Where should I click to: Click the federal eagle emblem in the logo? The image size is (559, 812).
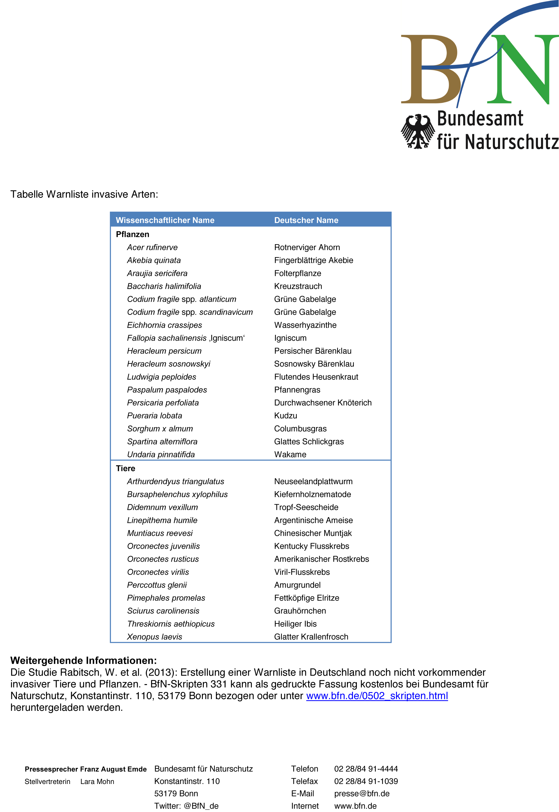[418, 132]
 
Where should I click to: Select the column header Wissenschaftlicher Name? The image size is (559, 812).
[165, 220]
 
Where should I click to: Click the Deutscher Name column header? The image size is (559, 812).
[306, 220]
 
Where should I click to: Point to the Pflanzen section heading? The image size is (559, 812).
[132, 234]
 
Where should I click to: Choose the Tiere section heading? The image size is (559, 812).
[125, 468]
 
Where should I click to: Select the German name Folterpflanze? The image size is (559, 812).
[297, 273]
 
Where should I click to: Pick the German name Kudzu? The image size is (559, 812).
[285, 416]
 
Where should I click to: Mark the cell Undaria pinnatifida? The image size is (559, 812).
[161, 454]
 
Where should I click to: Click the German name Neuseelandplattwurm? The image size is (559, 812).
[313, 482]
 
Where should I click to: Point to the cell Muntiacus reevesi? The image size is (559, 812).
[160, 533]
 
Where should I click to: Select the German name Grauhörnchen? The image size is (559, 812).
[300, 611]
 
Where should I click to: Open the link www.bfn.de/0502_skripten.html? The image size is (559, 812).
[377, 696]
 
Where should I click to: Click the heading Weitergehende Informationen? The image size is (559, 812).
[83, 660]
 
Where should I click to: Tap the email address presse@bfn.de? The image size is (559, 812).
[362, 793]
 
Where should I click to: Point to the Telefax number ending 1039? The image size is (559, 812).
[366, 781]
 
